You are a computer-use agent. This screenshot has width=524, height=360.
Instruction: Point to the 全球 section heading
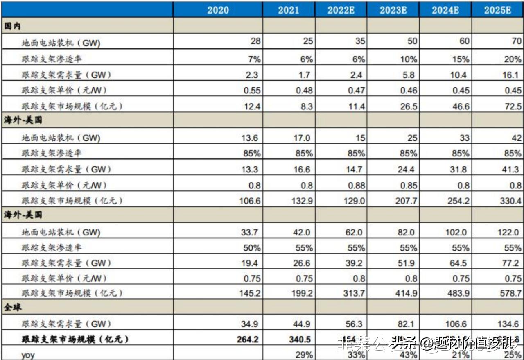click(12, 308)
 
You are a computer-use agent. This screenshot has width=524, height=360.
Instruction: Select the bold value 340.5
click(300, 340)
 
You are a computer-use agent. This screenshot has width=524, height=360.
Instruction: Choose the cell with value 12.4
click(252, 106)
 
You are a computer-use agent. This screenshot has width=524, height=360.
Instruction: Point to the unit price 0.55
click(252, 91)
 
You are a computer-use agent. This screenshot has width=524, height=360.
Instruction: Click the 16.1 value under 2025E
click(513, 75)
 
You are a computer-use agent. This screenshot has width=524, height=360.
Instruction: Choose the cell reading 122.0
click(508, 232)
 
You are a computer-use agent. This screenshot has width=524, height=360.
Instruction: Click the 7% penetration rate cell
click(254, 59)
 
